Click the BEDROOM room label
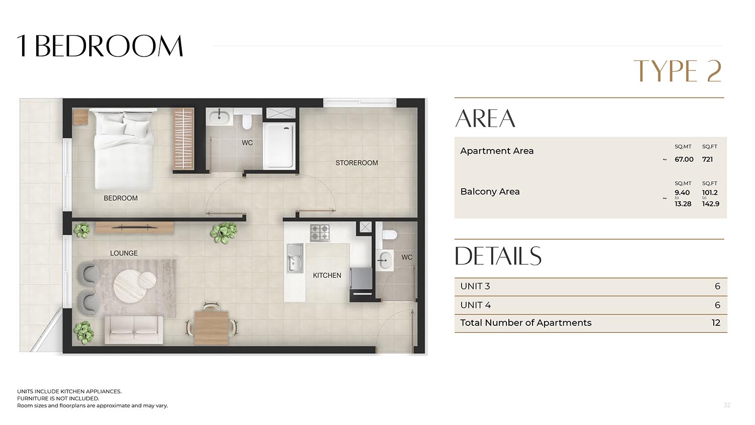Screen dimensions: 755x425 [x=120, y=198]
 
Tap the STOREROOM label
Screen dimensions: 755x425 [x=356, y=163]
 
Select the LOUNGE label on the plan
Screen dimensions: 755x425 [x=124, y=253]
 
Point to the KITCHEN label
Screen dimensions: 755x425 [x=327, y=275]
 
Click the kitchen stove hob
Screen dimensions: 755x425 [x=320, y=233]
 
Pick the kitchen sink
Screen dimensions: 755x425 [x=295, y=258]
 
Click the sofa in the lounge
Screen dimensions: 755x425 [x=134, y=330]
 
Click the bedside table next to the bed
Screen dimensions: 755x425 [x=81, y=117]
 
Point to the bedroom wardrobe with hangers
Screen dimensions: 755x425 [x=184, y=138]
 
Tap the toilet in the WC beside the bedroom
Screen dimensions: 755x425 [x=247, y=121]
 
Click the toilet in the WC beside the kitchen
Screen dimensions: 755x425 [x=389, y=235]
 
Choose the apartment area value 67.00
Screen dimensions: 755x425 [x=684, y=159]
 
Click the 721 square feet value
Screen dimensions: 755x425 [x=708, y=159]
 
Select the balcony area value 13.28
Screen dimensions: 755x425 [x=683, y=204]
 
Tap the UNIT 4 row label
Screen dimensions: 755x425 [x=475, y=305]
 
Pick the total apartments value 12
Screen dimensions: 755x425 [x=716, y=323]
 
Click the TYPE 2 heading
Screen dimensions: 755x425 [x=677, y=71]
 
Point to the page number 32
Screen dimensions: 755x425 [x=727, y=405]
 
